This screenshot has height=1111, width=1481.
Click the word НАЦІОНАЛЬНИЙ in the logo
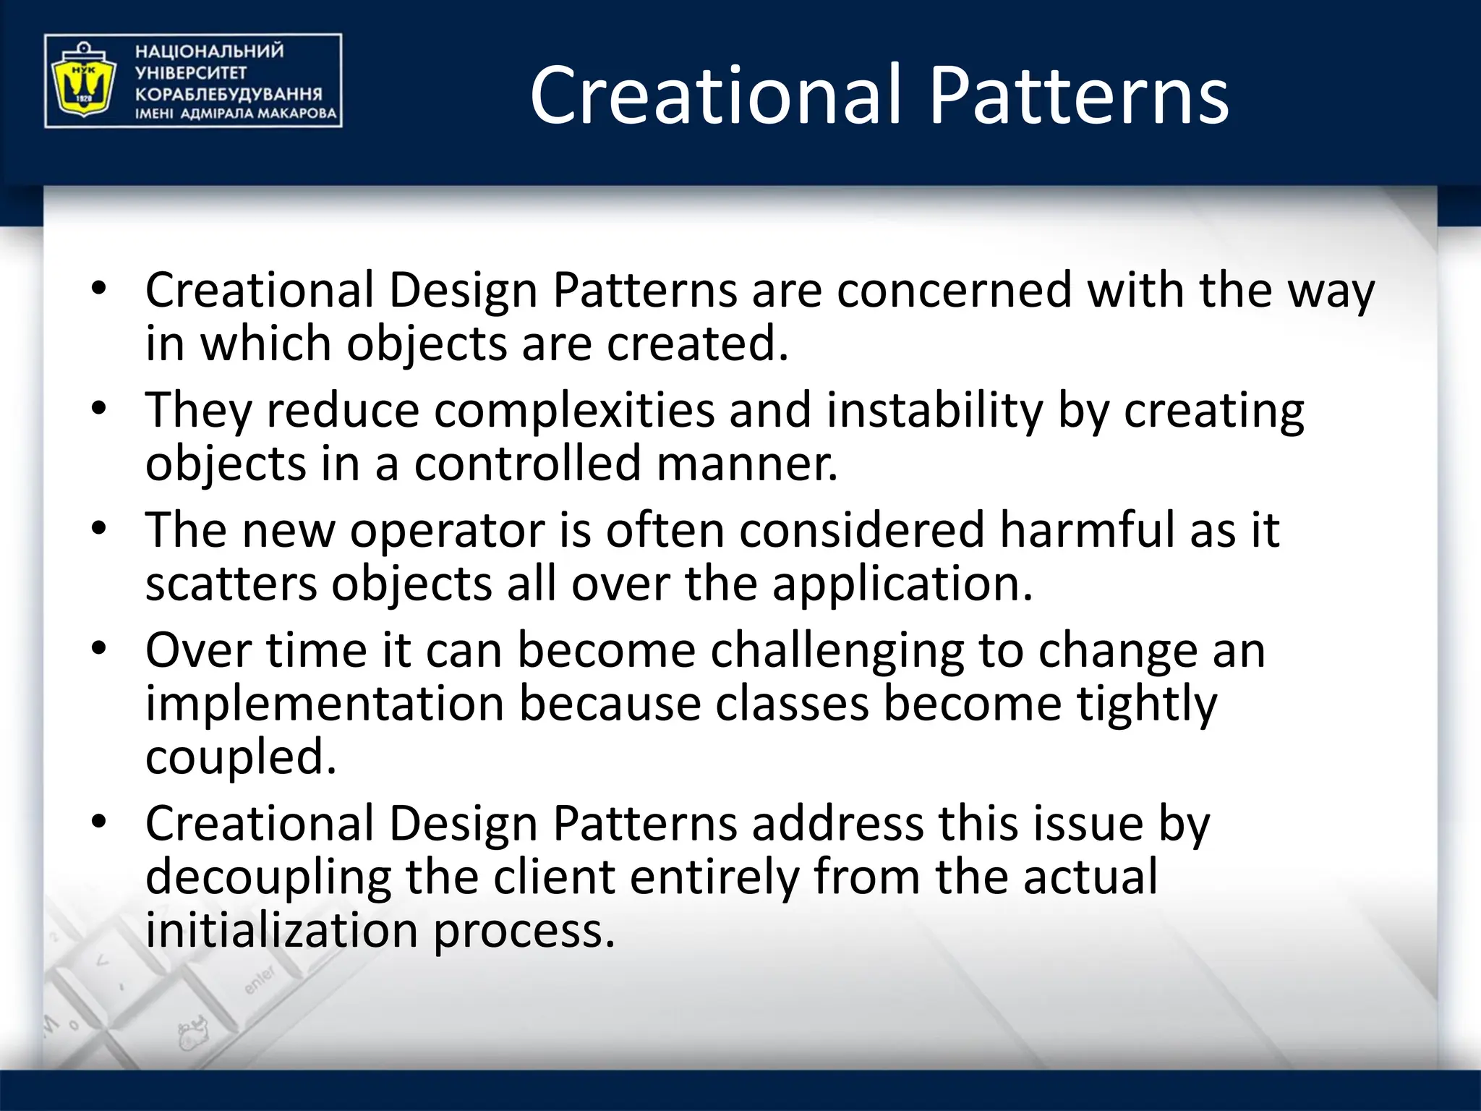click(x=209, y=51)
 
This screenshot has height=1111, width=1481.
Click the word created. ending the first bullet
click(x=697, y=344)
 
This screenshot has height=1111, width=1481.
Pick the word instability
click(x=934, y=410)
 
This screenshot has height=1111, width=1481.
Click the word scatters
click(x=231, y=584)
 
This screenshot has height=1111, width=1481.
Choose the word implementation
click(x=325, y=704)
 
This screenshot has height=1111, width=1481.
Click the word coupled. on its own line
click(x=241, y=757)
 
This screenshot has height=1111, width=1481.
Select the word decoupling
click(x=268, y=877)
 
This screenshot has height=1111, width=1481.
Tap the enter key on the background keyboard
click(x=260, y=980)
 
